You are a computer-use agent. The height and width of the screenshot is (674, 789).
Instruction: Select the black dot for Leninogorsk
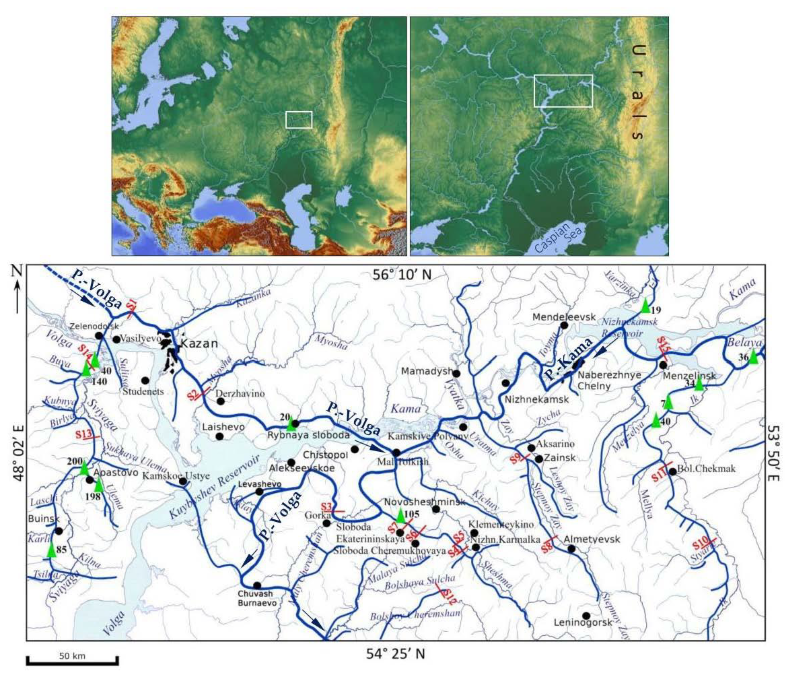click(x=586, y=616)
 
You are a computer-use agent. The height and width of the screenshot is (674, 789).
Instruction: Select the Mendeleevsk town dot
click(x=564, y=325)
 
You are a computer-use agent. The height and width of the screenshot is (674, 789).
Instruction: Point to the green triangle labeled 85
click(x=51, y=550)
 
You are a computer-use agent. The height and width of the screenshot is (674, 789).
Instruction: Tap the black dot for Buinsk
click(x=59, y=531)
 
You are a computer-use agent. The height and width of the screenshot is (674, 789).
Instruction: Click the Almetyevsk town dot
click(x=571, y=549)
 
